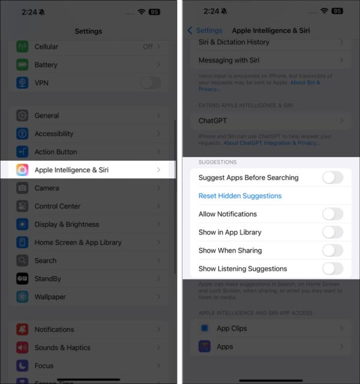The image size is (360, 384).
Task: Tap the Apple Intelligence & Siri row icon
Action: (22, 170)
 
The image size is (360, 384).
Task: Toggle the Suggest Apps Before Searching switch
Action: (332, 178)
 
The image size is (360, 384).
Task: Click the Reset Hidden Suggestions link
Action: (240, 196)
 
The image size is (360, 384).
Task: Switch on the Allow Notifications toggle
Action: (332, 214)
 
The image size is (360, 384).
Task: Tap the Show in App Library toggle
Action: (332, 232)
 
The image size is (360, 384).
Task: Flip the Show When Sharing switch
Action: (332, 250)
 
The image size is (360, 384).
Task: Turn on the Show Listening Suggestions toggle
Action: (332, 269)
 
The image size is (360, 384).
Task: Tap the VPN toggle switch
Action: (150, 83)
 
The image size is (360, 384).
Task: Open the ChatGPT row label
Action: (213, 121)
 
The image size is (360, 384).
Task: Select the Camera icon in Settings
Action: (22, 188)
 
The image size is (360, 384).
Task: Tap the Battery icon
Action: (22, 65)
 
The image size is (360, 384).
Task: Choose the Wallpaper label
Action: (50, 297)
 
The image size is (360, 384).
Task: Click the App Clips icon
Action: (205, 328)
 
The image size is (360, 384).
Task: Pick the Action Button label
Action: (56, 152)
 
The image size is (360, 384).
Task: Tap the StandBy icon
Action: (22, 279)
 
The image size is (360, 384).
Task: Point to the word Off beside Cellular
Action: (148, 46)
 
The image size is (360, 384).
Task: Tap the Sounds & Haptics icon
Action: (22, 347)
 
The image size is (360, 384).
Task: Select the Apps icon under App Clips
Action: (205, 347)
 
